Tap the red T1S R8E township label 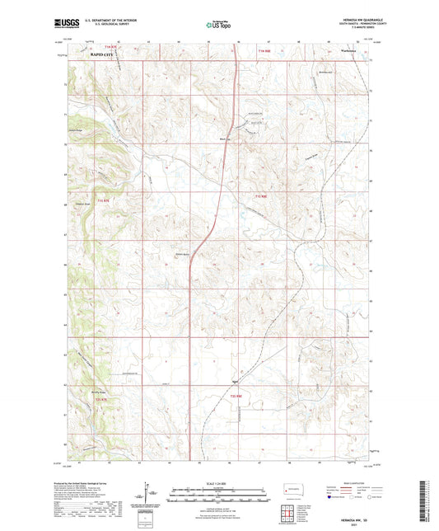(x=261, y=196)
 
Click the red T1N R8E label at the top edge (x=263, y=50)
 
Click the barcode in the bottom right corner (x=427, y=502)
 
